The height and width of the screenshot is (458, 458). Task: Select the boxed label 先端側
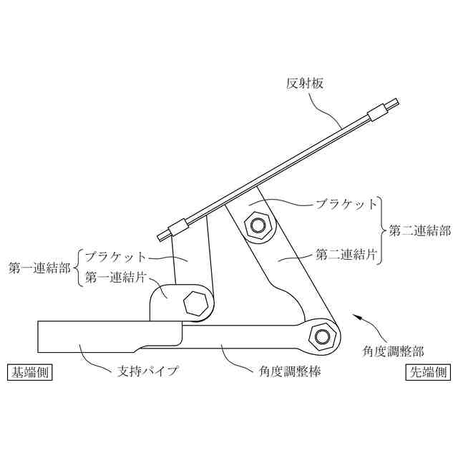coord(428,372)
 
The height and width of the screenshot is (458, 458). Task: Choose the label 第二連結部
coord(420,231)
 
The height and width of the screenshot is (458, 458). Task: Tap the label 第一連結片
coord(116,277)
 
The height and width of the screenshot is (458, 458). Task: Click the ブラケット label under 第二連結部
coord(346,204)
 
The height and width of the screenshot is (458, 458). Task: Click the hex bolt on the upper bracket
coord(258,225)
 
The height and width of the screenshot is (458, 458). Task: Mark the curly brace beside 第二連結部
coord(383,230)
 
